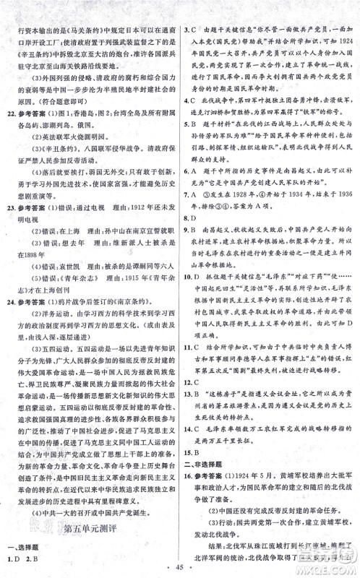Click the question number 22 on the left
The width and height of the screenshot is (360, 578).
click(x=9, y=114)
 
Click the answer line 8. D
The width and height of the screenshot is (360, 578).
click(x=192, y=215)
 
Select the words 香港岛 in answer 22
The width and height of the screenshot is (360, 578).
click(x=97, y=114)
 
